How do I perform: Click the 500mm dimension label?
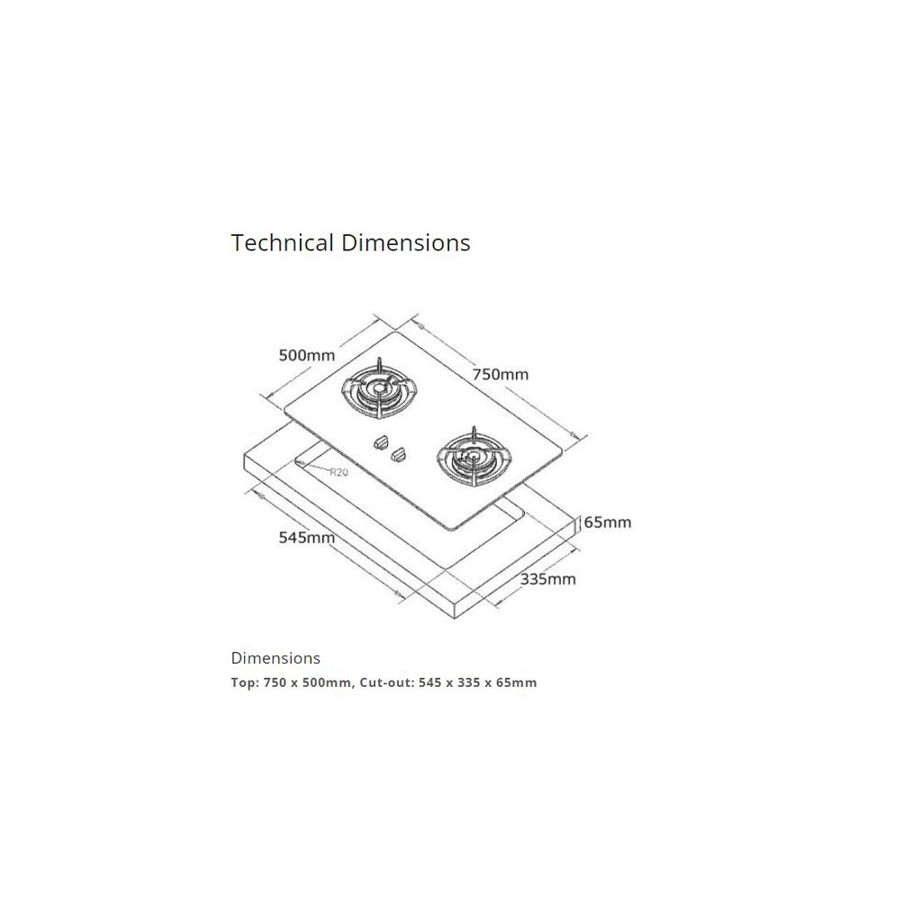(306, 355)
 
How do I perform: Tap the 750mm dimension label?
(501, 374)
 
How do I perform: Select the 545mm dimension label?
(306, 538)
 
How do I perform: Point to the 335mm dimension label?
(548, 579)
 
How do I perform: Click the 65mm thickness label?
(608, 522)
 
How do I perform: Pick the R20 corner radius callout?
(339, 472)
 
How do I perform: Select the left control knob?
(382, 441)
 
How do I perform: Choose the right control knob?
(399, 454)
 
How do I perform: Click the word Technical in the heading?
(282, 243)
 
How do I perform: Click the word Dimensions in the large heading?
(406, 243)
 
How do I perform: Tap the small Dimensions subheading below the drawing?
(276, 658)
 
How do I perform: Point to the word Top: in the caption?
(245, 682)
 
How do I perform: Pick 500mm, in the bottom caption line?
(329, 682)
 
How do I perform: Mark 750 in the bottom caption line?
(275, 682)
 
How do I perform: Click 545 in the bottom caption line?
(430, 682)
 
